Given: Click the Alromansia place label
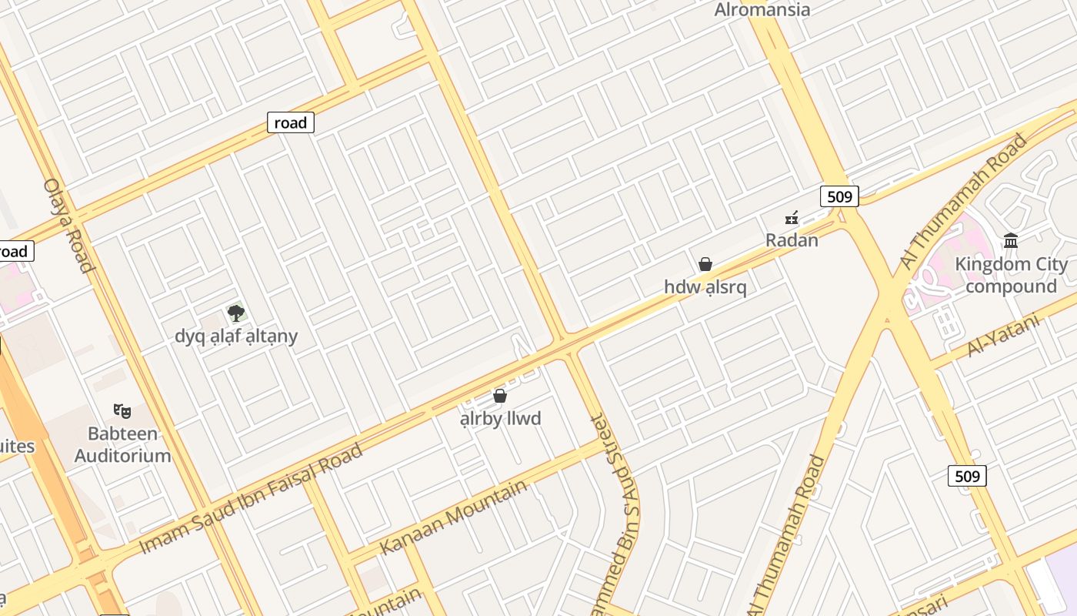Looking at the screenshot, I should [762, 10].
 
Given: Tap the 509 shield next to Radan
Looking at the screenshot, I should [839, 196].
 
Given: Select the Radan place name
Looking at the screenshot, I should [792, 240].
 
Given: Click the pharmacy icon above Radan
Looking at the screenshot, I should [792, 219].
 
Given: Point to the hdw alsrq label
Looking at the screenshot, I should [705, 287].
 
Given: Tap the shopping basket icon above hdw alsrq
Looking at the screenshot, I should [705, 264].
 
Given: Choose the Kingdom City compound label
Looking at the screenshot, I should [1011, 275].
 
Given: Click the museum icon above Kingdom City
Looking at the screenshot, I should [1011, 241].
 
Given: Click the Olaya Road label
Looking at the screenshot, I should [68, 225].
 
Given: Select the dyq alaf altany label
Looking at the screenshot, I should [236, 336].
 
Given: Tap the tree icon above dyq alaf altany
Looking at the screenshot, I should [236, 313].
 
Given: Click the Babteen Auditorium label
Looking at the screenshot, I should [123, 444].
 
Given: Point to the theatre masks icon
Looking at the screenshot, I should [122, 410].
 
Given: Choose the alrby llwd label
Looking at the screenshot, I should [500, 419].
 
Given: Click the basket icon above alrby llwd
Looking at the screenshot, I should [500, 396].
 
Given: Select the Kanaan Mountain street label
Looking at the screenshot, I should [454, 516].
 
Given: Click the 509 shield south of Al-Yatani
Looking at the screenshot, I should [966, 476].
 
